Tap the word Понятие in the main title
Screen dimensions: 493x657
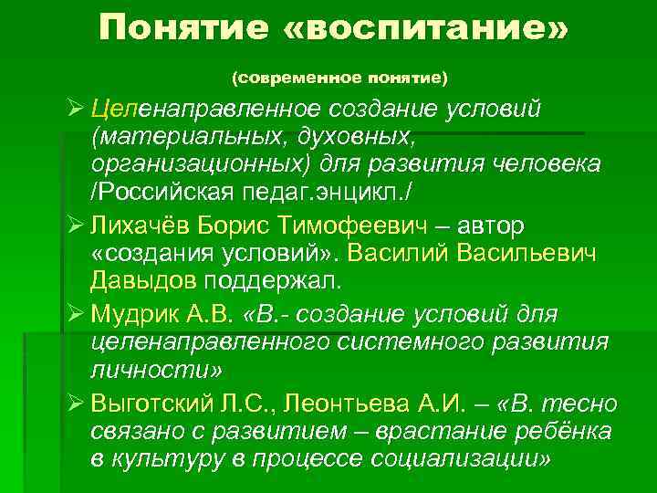pyautogui.click(x=184, y=28)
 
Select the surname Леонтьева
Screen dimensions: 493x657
pyautogui.click(x=349, y=404)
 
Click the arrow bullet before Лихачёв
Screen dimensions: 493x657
pyautogui.click(x=76, y=224)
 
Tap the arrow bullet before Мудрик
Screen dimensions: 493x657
pyautogui.click(x=76, y=314)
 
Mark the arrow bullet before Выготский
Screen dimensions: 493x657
pyautogui.click(x=76, y=404)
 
